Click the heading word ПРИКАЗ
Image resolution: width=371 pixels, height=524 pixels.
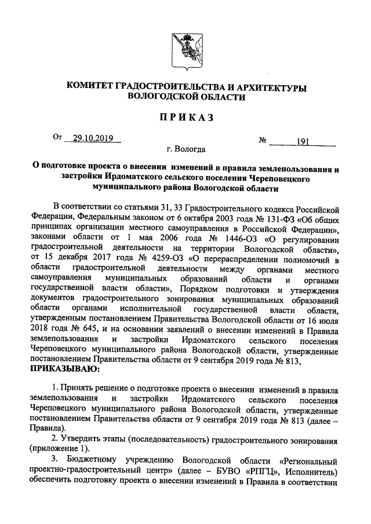(x=185, y=118)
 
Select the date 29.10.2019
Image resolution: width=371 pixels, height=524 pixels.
(x=93, y=138)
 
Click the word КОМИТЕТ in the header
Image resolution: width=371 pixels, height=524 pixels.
(x=90, y=87)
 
